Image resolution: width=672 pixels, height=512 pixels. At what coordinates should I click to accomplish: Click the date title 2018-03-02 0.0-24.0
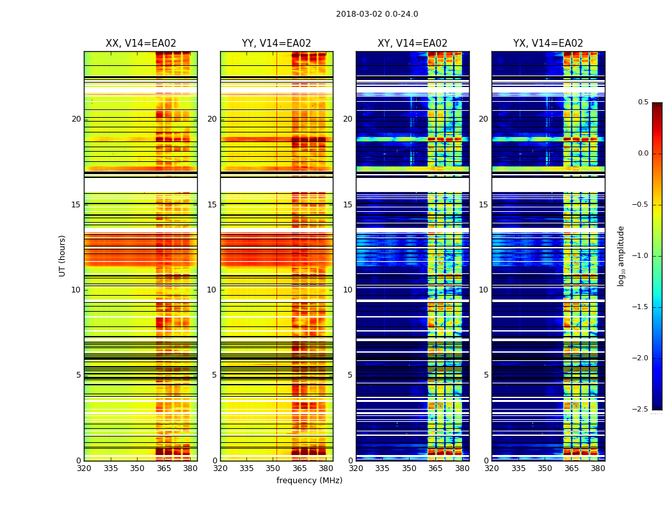[x=377, y=14]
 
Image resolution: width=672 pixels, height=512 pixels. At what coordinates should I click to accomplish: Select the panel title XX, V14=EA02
[x=141, y=44]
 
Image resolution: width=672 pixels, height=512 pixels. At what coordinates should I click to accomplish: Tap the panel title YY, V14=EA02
[x=276, y=44]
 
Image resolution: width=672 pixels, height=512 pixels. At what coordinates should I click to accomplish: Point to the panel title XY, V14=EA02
[x=412, y=44]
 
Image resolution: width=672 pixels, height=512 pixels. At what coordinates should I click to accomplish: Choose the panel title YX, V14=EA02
[x=548, y=44]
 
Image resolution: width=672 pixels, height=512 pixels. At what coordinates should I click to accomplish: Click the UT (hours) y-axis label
[x=63, y=255]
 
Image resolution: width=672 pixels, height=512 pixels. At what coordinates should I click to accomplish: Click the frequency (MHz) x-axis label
[x=309, y=481]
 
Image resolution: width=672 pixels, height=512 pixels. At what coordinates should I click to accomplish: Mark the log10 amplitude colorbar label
[x=621, y=256]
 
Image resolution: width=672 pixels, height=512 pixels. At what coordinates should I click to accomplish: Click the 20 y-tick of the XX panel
[x=76, y=119]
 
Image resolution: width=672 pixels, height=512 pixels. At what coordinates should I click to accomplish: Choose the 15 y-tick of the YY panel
[x=212, y=205]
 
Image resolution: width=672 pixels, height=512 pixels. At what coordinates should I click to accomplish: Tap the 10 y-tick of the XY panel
[x=348, y=290]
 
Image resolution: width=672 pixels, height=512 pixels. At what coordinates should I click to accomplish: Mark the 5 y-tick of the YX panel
[x=486, y=375]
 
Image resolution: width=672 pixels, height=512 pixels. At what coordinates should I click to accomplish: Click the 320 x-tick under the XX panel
[x=84, y=468]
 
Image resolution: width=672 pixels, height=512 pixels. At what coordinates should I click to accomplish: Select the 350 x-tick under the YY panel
[x=273, y=468]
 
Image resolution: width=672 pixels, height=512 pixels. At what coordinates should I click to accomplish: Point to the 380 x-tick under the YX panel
[x=598, y=468]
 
